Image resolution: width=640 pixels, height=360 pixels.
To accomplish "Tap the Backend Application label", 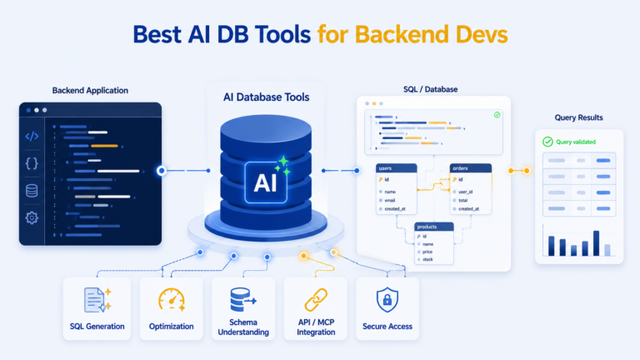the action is click(x=90, y=91).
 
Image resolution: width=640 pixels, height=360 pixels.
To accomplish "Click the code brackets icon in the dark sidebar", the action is click(x=32, y=137).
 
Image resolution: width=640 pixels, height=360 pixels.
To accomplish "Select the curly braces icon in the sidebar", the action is click(x=32, y=163).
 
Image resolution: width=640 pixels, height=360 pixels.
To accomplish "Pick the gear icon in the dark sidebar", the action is click(x=32, y=217).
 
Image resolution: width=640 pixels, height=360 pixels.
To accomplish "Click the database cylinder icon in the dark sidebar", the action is click(x=32, y=191).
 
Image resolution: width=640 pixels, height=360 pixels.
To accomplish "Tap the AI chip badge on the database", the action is click(x=266, y=182).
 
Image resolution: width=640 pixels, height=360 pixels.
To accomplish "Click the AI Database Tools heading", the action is click(x=266, y=97).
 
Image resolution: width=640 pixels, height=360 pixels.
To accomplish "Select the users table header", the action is click(x=397, y=168).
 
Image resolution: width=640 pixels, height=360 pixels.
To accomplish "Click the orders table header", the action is click(x=471, y=168).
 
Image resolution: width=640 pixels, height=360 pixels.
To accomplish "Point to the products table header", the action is click(x=434, y=227).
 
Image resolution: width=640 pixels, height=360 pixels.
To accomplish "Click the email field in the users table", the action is click(x=390, y=200).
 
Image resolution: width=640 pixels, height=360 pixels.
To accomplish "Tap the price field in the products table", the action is click(x=427, y=252).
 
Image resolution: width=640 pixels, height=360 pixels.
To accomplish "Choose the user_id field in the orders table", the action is click(x=465, y=192).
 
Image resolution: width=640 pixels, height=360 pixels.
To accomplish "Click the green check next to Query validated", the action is click(x=547, y=142).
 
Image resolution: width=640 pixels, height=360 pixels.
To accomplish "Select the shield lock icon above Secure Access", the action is click(x=387, y=300).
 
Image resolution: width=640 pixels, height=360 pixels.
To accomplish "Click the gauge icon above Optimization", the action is click(x=172, y=300).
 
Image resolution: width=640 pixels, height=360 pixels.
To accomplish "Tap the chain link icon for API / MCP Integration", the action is click(x=316, y=300).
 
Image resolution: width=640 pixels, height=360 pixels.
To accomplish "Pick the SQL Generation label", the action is click(x=97, y=327).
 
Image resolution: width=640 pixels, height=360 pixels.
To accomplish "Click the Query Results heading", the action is click(x=579, y=117).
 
